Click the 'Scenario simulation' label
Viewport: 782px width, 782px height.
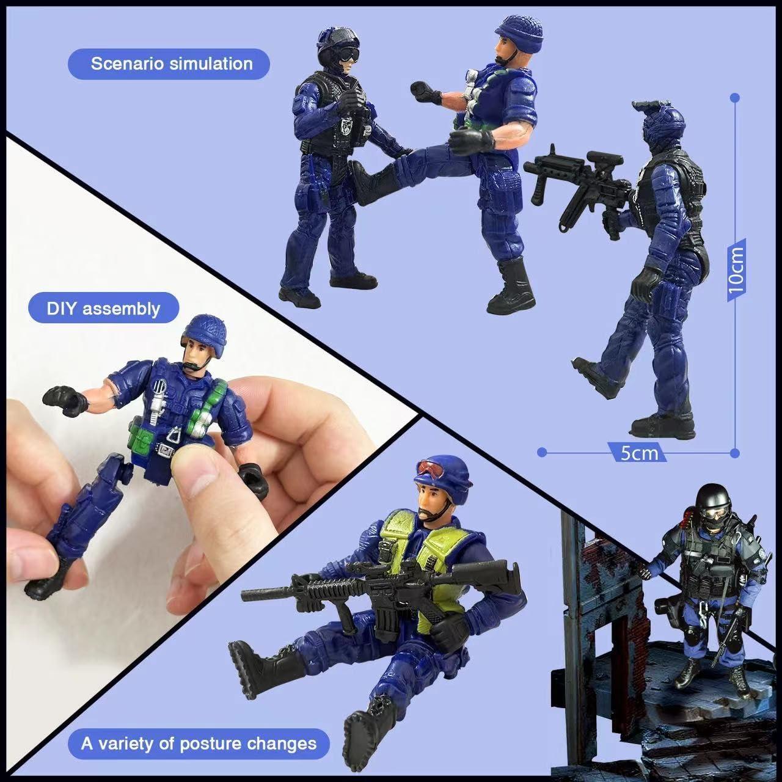pos(172,64)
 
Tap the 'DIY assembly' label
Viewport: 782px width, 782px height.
pos(103,308)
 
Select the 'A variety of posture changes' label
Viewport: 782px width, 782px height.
pos(199,744)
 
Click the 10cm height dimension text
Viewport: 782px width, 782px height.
pos(736,269)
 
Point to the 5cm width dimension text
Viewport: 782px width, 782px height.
pos(639,453)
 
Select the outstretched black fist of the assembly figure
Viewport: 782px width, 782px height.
pos(66,399)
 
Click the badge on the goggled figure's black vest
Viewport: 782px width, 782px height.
pos(346,126)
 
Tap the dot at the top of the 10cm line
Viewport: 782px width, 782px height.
pos(736,97)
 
